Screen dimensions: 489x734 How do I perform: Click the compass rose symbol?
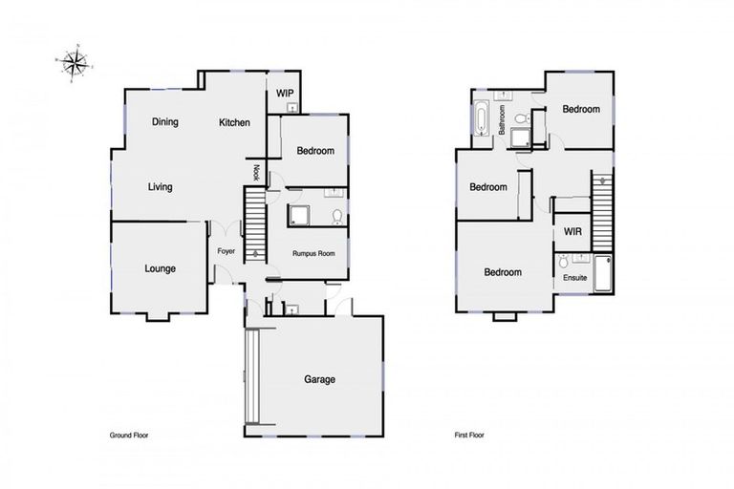click(72, 64)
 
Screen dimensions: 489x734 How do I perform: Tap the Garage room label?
click(319, 379)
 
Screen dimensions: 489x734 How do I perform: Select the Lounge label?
click(160, 268)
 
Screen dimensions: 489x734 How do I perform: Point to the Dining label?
click(166, 122)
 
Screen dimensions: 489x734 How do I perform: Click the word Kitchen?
click(234, 122)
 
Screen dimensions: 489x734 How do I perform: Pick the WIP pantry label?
click(284, 93)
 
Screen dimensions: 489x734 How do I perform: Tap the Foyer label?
click(226, 251)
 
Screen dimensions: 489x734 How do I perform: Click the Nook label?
click(256, 172)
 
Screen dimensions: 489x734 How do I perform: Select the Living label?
click(160, 187)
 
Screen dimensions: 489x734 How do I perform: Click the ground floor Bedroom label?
click(314, 151)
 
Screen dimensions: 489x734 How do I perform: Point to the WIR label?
click(573, 232)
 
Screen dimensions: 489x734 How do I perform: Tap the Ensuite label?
click(574, 278)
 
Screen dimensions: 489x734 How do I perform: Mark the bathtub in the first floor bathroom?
click(481, 119)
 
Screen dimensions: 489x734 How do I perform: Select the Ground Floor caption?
click(129, 435)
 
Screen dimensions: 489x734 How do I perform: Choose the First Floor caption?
click(469, 435)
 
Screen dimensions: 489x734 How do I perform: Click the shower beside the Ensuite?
click(602, 274)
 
